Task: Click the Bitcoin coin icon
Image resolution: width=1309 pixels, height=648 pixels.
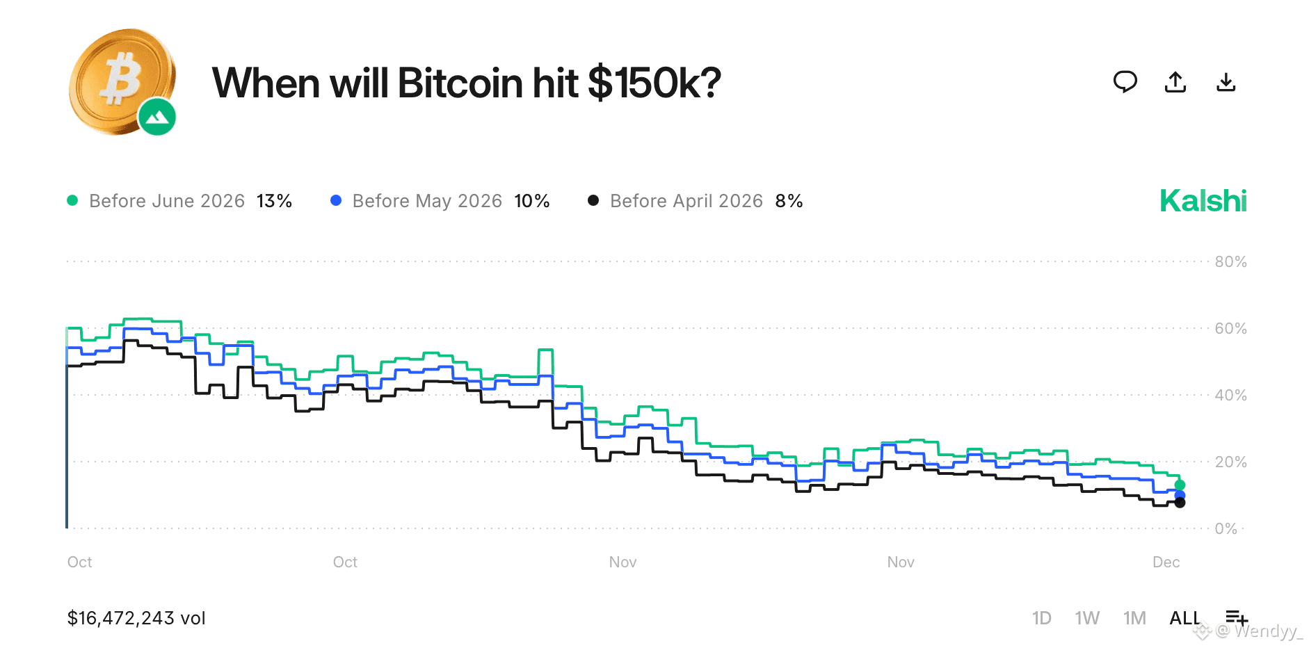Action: pyautogui.click(x=120, y=79)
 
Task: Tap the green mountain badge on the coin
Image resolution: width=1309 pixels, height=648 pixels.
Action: pyautogui.click(x=157, y=117)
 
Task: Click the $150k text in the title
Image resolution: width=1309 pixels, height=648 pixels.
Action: pyautogui.click(x=654, y=83)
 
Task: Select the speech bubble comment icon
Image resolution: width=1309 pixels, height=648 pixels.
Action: pyautogui.click(x=1125, y=82)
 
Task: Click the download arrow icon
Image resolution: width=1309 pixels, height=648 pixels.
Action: pyautogui.click(x=1226, y=82)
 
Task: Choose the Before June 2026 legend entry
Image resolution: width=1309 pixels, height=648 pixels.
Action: pyautogui.click(x=167, y=201)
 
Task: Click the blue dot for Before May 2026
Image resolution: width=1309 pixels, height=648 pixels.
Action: pyautogui.click(x=336, y=200)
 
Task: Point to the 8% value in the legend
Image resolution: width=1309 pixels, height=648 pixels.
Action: pyautogui.click(x=789, y=201)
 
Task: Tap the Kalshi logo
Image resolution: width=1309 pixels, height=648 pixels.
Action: pyautogui.click(x=1203, y=201)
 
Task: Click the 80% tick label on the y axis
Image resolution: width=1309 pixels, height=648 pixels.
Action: pyautogui.click(x=1230, y=262)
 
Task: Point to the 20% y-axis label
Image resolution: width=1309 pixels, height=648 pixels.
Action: pyautogui.click(x=1230, y=462)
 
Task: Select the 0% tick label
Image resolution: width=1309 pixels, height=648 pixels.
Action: pyautogui.click(x=1226, y=528)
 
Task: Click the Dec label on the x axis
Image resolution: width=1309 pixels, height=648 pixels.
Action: pyautogui.click(x=1166, y=562)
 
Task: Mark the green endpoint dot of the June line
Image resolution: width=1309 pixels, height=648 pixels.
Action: pyautogui.click(x=1180, y=485)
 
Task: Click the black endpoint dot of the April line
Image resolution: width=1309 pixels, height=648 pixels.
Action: pyautogui.click(x=1180, y=503)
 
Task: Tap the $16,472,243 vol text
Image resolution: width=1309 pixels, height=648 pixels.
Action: pyautogui.click(x=136, y=618)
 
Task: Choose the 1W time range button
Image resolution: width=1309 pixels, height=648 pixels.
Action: pyautogui.click(x=1086, y=618)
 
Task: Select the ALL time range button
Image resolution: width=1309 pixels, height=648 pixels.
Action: pyautogui.click(x=1184, y=618)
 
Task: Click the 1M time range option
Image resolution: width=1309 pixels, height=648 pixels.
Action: pyautogui.click(x=1134, y=618)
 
